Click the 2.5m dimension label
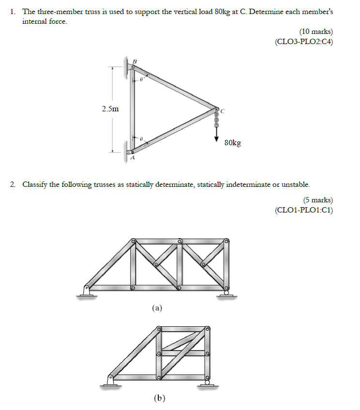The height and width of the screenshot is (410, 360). [110, 109]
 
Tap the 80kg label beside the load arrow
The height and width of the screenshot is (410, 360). [232, 143]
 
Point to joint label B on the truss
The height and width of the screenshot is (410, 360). [135, 61]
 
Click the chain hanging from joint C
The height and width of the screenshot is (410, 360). [217, 119]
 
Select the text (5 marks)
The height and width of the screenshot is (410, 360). [318, 200]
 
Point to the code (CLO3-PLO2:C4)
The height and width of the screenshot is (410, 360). [304, 42]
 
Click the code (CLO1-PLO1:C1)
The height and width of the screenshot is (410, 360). [304, 210]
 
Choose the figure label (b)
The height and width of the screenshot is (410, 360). [159, 398]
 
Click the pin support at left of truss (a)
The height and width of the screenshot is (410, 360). [86, 291]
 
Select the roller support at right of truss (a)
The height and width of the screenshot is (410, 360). [225, 292]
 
